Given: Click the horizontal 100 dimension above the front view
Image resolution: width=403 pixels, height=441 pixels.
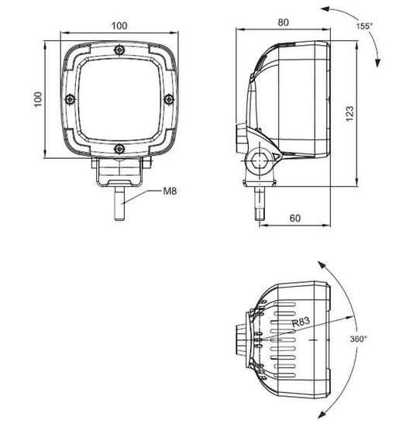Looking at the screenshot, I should click(119, 26).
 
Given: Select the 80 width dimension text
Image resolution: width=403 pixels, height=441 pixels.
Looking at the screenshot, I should click(284, 22).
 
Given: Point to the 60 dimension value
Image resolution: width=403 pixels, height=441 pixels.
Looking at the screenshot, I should click(294, 218).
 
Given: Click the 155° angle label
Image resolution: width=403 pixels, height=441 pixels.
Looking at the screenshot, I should click(365, 26).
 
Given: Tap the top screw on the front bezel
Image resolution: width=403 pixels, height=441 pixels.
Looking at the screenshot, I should click(119, 50).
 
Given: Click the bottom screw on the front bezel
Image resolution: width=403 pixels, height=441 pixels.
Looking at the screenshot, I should click(119, 147).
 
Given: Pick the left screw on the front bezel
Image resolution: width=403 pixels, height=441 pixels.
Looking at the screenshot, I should click(70, 98).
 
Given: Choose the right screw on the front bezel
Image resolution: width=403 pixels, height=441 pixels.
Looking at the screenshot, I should click(167, 98).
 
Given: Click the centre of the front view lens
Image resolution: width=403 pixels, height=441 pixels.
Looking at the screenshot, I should click(119, 98).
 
